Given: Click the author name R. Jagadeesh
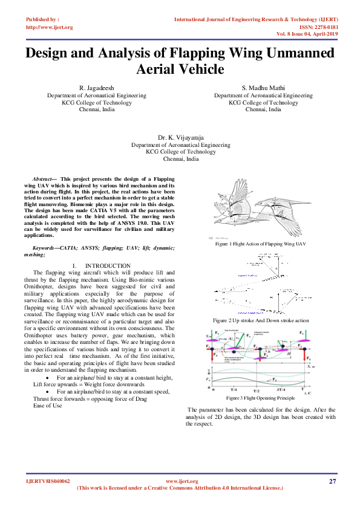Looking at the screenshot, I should point(97,88).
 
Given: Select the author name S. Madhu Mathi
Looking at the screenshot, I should point(263,88).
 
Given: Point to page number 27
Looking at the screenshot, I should point(332,481).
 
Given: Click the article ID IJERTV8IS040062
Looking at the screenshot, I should point(48,481).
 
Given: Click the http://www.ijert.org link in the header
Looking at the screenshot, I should point(50,27).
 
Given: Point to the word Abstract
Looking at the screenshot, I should point(42,180).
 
